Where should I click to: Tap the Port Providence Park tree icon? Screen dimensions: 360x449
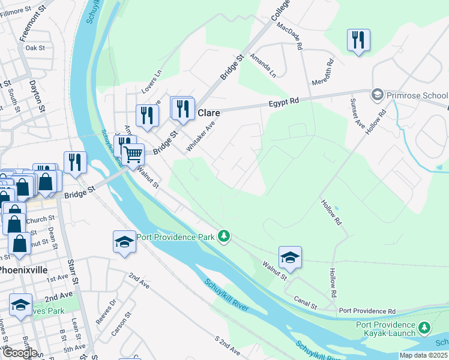(x=224, y=236)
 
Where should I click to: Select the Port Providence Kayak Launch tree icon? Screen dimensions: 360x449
(x=424, y=327)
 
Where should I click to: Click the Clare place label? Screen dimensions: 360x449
(x=209, y=113)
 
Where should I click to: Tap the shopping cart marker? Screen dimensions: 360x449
(x=133, y=154)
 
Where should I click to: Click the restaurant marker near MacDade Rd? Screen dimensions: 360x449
(x=358, y=40)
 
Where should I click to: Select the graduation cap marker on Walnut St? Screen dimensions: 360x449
(x=290, y=257)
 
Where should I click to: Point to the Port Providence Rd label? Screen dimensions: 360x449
(x=367, y=311)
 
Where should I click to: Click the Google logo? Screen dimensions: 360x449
(x=19, y=352)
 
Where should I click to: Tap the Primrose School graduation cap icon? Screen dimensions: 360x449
(x=377, y=95)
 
